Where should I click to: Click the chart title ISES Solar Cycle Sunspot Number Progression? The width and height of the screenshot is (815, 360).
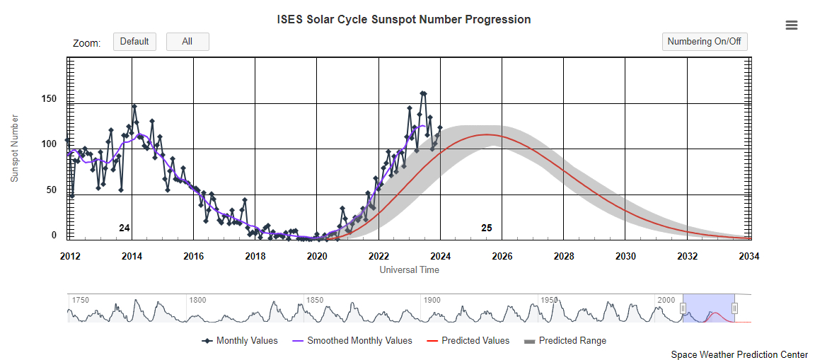404,19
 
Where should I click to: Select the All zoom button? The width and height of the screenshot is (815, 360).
187,42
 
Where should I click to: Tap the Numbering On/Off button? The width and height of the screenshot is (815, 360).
705,42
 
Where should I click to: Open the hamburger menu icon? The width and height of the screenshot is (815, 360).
792,25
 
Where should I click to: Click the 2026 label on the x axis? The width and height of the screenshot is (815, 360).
502,255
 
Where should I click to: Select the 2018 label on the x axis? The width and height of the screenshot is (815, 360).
255,255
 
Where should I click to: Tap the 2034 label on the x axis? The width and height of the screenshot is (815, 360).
748,255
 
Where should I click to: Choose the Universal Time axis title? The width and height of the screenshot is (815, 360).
409,269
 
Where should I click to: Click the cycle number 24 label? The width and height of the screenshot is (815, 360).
125,228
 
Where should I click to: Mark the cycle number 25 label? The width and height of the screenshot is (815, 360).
487,228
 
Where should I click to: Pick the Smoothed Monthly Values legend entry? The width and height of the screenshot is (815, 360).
359,341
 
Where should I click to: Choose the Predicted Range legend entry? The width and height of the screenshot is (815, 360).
572,341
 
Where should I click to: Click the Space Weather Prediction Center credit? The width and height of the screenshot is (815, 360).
739,354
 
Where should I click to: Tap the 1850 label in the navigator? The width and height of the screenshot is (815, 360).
315,300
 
